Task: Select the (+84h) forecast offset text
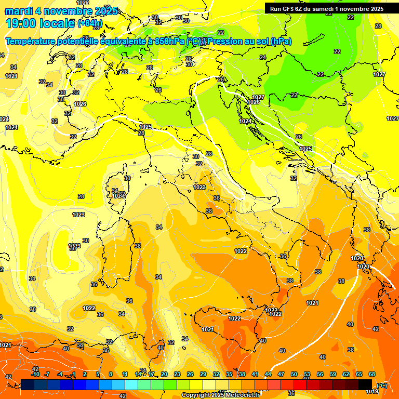point(90,23)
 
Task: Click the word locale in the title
point(58,23)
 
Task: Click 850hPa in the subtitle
point(169,42)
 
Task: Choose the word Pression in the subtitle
point(226,42)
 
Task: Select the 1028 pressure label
point(199,187)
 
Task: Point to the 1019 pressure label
point(371,391)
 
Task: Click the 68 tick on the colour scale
point(372,374)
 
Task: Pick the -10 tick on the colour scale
point(35,374)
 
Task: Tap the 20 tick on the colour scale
point(164,374)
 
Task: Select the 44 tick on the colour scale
point(268,374)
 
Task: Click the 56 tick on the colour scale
point(320,374)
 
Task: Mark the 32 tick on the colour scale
point(216,374)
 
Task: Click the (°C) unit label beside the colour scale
point(382,385)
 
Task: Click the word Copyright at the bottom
point(196,395)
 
